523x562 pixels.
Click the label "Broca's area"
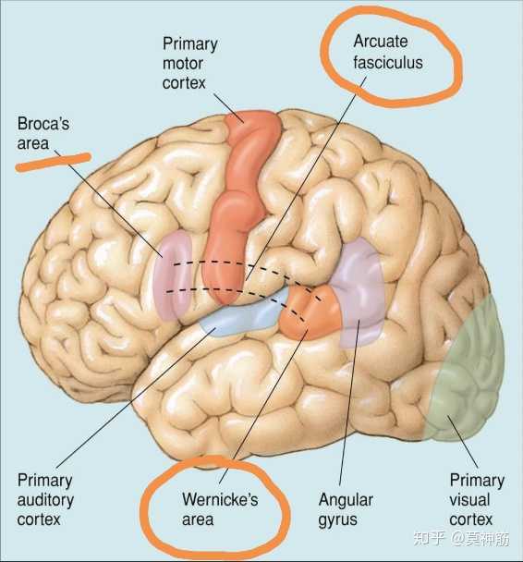tap(43, 133)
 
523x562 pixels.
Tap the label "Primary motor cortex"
tap(189, 64)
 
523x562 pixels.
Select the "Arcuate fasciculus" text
tap(388, 52)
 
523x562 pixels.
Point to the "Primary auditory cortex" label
tap(45, 500)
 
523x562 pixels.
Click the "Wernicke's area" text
tap(220, 509)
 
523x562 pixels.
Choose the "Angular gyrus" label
tap(346, 509)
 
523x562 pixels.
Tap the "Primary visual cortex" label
tap(477, 500)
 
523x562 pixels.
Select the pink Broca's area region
tap(173, 275)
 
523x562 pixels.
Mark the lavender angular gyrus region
tap(360, 287)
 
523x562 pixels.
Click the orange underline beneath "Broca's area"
tap(53, 163)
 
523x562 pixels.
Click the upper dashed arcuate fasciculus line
tap(247, 266)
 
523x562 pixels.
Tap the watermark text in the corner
tap(461, 538)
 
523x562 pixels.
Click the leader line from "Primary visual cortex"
tap(462, 442)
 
